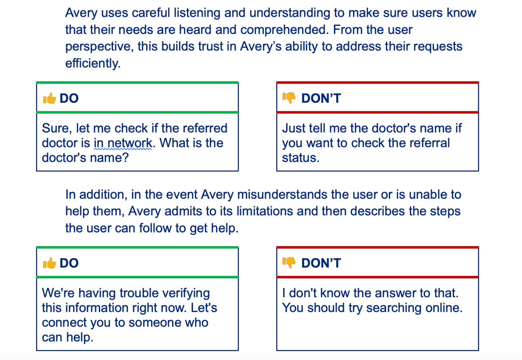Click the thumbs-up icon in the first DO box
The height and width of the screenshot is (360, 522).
pos(49,98)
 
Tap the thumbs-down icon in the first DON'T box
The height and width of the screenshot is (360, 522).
pos(289,98)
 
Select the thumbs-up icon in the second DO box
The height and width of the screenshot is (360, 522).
pos(49,263)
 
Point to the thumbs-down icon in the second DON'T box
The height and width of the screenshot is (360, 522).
pos(289,263)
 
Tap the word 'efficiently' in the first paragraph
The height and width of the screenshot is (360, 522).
pos(93,63)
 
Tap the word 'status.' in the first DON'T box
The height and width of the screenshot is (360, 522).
pos(301,158)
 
